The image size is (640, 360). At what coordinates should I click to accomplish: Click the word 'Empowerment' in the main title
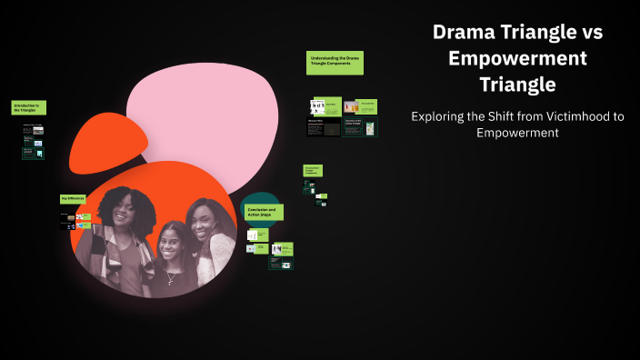516,58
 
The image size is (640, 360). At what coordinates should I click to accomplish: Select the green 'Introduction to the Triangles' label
28,107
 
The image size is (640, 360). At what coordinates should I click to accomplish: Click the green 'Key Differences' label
73,198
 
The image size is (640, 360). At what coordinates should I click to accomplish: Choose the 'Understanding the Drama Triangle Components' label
334,62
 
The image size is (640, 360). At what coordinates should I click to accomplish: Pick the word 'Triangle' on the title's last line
516,85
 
